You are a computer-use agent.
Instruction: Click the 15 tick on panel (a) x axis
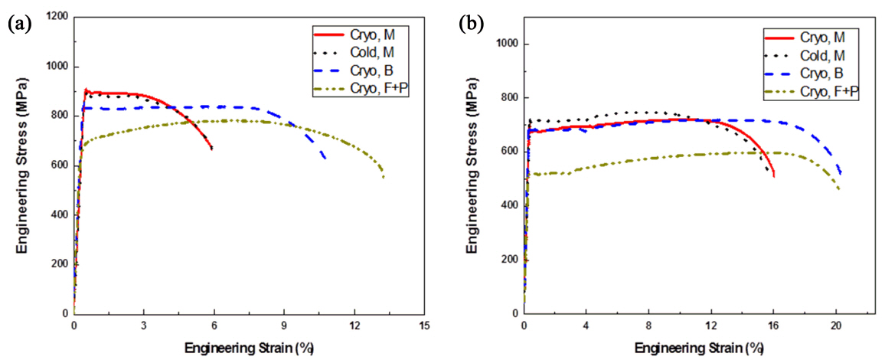click(x=425, y=325)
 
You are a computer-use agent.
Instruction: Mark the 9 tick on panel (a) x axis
click(x=284, y=325)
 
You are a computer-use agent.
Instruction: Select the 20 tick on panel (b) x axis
click(x=837, y=325)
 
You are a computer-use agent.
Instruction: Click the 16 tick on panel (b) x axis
click(x=774, y=325)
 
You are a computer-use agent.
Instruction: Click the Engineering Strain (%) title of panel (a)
click(x=249, y=347)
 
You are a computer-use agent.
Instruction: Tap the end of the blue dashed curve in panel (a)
click(x=325, y=158)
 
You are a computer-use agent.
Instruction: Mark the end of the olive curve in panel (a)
click(x=384, y=178)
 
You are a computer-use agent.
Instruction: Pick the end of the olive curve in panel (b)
click(x=839, y=190)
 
